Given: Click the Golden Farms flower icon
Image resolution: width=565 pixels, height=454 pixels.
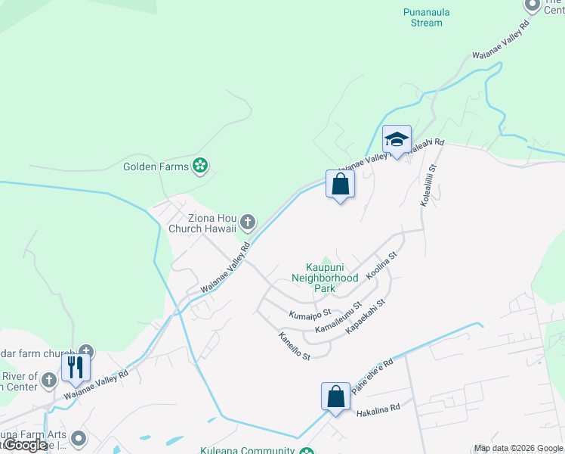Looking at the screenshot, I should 200,165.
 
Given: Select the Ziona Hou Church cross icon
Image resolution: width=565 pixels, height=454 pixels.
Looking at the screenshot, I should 248,222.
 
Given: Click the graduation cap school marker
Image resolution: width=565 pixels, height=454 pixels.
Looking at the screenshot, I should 397,141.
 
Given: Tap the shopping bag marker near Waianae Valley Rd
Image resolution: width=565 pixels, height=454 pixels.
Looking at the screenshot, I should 340,184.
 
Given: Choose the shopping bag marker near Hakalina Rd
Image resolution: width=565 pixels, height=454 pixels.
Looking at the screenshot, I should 335,396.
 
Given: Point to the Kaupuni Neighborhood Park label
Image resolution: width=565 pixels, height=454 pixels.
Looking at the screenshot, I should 332,277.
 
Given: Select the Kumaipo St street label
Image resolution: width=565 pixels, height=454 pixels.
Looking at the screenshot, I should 310,313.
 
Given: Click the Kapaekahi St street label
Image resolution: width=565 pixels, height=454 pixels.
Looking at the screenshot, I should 366,317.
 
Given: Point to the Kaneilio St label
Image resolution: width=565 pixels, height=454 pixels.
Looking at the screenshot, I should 295,345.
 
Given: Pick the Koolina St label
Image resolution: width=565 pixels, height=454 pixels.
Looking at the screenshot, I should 381,266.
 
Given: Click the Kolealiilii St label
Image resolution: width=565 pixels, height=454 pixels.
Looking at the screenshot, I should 428,186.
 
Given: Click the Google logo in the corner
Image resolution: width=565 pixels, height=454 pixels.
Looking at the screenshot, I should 24,446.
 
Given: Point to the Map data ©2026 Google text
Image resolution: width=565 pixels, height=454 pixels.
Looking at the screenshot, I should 518,448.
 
